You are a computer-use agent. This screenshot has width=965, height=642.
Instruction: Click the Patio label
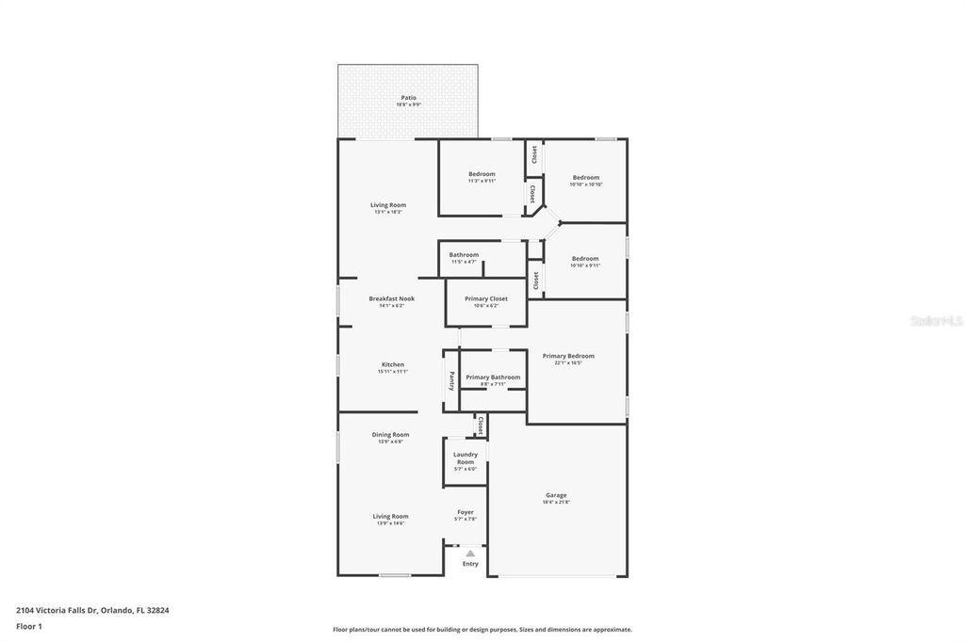pyautogui.click(x=408, y=98)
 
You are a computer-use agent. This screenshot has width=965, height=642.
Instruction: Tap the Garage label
pyautogui.click(x=556, y=495)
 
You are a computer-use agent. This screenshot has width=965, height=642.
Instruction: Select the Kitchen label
pyautogui.click(x=393, y=365)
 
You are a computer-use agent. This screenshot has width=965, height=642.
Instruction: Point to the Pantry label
pyautogui.click(x=451, y=380)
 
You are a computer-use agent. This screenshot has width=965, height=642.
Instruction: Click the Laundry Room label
pyautogui.click(x=466, y=458)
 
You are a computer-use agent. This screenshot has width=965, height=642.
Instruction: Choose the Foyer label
pyautogui.click(x=466, y=513)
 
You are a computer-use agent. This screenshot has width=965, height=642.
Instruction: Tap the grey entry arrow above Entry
pyautogui.click(x=470, y=554)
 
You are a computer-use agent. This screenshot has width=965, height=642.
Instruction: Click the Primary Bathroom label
pyautogui.click(x=493, y=377)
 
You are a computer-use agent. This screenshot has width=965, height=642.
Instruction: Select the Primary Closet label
pyautogui.click(x=486, y=299)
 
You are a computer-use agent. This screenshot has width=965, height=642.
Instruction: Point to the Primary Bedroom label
pyautogui.click(x=568, y=356)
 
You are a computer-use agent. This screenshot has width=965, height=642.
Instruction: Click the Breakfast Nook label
pyautogui.click(x=391, y=299)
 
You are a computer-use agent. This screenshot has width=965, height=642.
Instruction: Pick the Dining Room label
pyautogui.click(x=390, y=435)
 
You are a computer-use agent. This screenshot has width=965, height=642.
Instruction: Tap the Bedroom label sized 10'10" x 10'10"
pyautogui.click(x=585, y=178)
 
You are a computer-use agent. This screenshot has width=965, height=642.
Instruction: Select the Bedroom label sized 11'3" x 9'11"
pyautogui.click(x=482, y=174)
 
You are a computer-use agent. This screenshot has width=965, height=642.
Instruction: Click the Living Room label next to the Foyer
pyautogui.click(x=390, y=517)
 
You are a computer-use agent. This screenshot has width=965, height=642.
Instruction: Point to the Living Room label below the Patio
pyautogui.click(x=388, y=205)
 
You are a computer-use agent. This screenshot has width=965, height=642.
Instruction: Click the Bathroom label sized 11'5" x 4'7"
pyautogui.click(x=464, y=255)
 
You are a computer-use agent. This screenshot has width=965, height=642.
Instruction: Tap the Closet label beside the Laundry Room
pyautogui.click(x=481, y=425)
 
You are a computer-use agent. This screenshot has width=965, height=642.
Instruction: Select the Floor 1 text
pyautogui.click(x=29, y=626)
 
